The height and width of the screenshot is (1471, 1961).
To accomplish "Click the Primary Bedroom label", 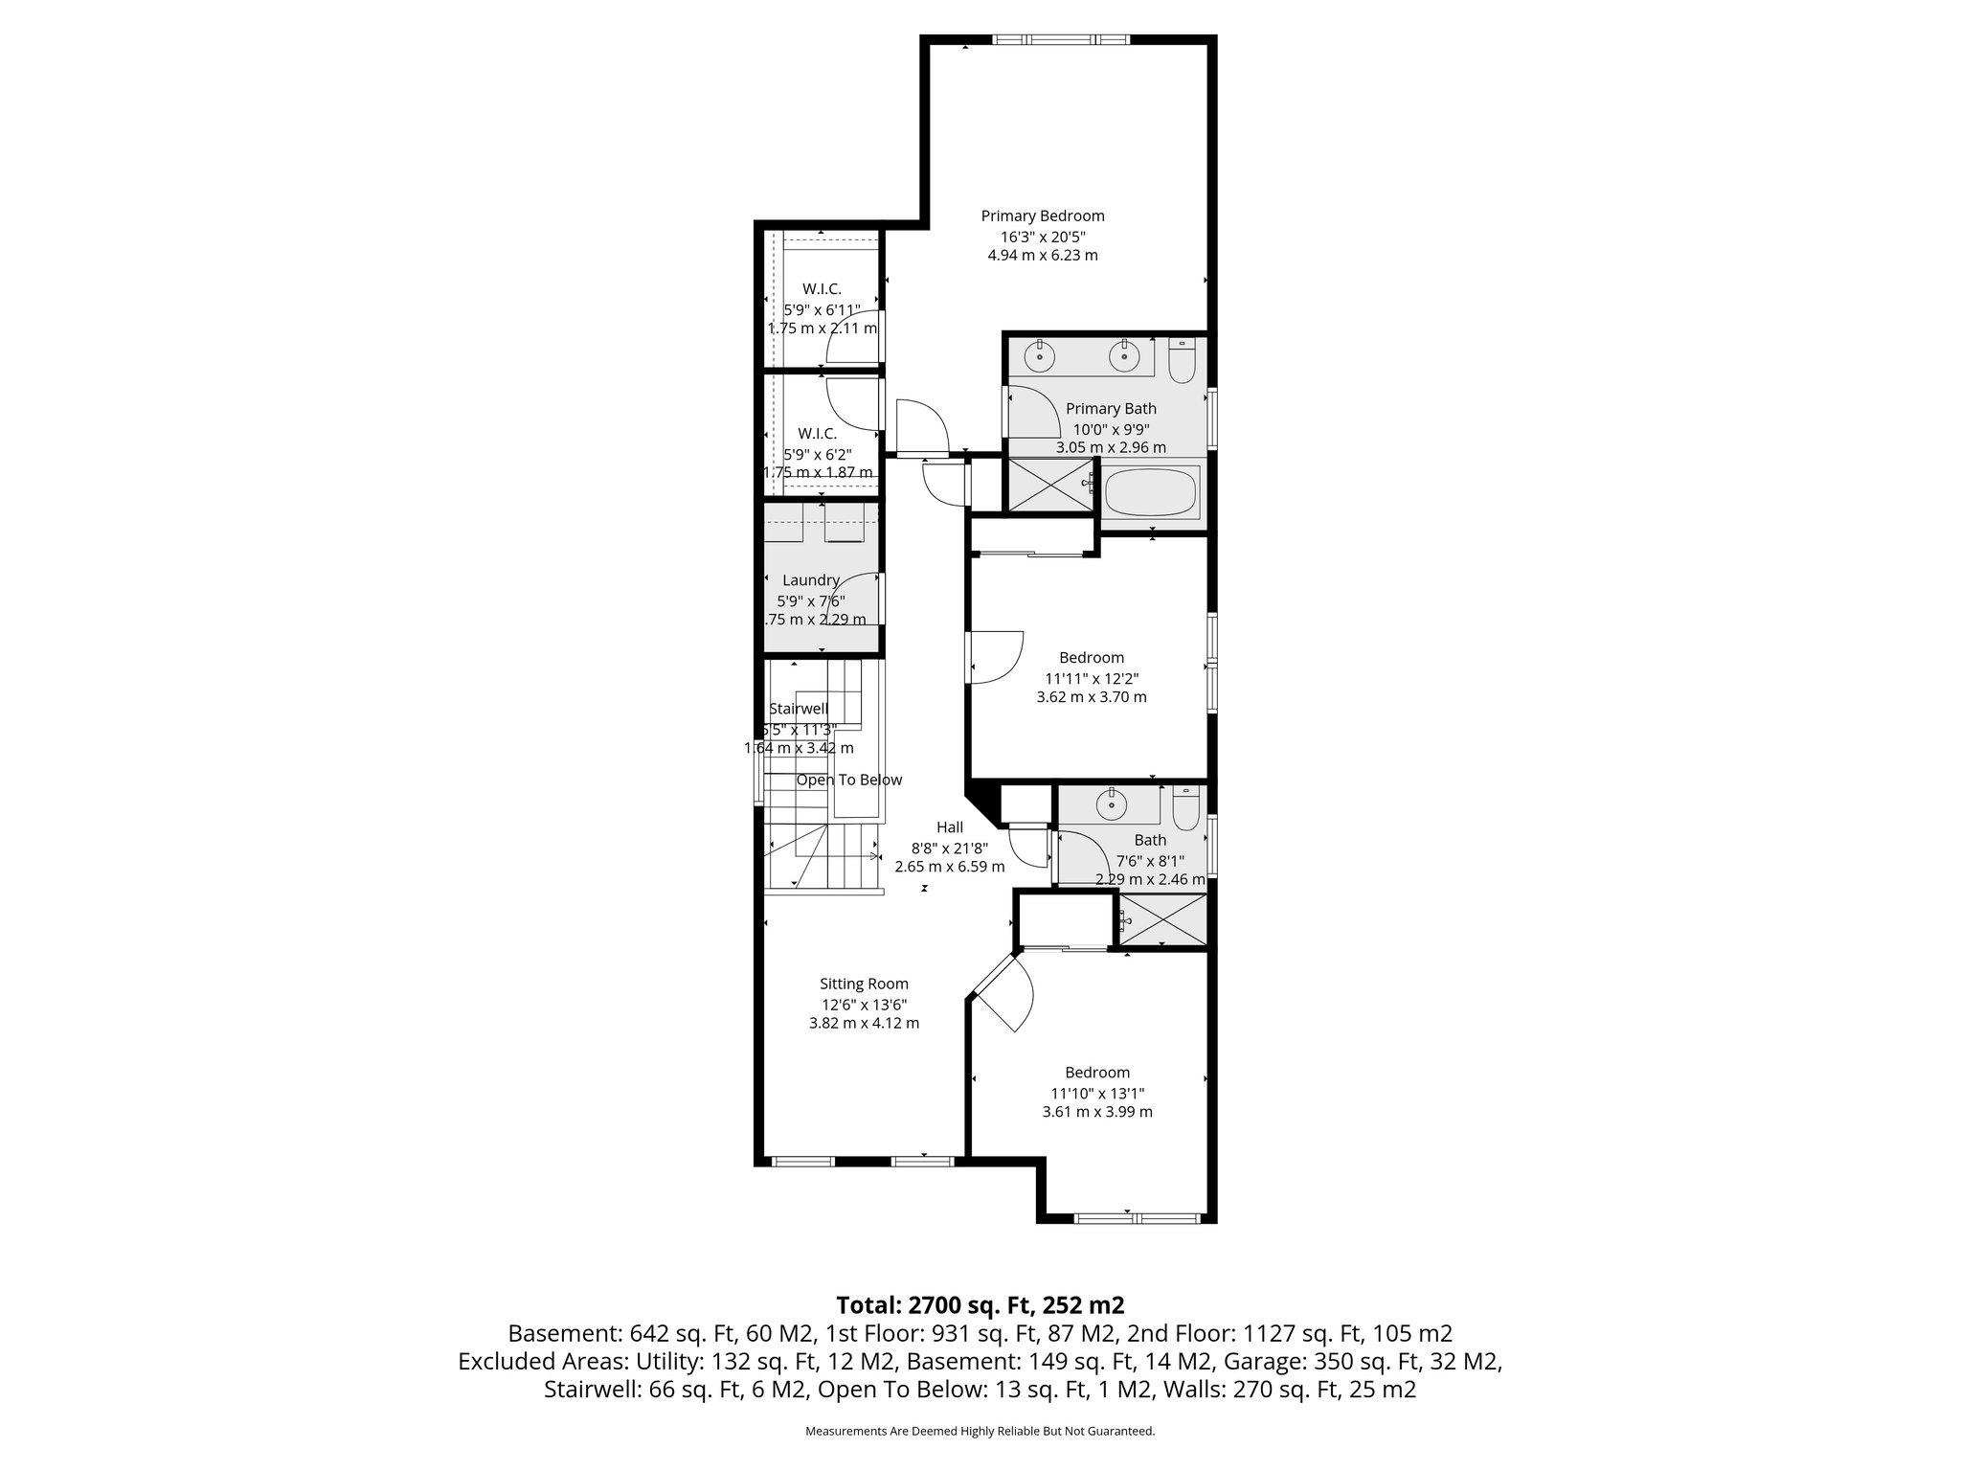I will [1042, 216].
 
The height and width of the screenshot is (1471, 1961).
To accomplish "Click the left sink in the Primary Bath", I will [1039, 357].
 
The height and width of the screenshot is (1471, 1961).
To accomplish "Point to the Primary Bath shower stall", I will [1050, 485].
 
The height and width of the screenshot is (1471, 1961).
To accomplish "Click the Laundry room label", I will [810, 580].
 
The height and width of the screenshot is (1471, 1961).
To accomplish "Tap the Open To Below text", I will [848, 780].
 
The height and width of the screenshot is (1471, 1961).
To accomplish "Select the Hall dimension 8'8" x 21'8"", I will [949, 848].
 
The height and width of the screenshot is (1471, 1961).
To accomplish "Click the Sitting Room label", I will [864, 984].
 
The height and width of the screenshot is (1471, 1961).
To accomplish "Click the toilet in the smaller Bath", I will [1185, 810].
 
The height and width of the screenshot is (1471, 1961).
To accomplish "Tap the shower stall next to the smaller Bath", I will [1163, 920].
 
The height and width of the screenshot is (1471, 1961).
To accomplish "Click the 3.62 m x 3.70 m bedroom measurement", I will [1091, 697].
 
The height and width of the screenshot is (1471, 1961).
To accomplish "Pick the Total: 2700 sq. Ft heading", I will [980, 1304].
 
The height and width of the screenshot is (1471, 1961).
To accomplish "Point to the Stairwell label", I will [799, 709].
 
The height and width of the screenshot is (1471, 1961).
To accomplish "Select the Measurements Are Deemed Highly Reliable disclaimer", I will [980, 1432].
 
